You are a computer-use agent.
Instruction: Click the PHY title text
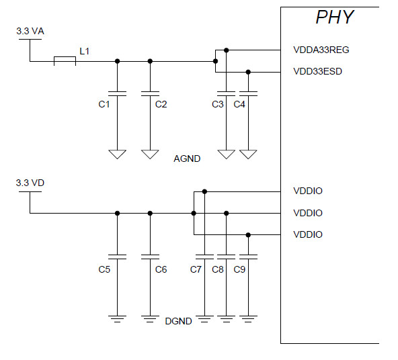tap(334, 17)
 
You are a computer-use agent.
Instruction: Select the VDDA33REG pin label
tap(321, 50)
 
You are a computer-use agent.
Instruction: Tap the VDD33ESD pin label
tap(318, 71)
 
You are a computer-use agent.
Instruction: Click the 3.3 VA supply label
tap(30, 32)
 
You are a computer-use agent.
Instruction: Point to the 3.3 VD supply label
tap(30, 183)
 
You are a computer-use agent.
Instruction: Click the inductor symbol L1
tap(65, 61)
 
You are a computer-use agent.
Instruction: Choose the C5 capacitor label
tap(104, 269)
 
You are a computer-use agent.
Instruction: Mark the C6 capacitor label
tap(161, 269)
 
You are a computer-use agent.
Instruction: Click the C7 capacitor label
tap(196, 269)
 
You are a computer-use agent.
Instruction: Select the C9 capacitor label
tap(239, 269)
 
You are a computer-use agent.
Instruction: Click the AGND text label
tap(187, 159)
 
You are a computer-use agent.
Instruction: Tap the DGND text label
tap(178, 321)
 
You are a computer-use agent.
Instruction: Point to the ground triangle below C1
tap(118, 154)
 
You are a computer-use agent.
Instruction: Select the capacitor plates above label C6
tap(150, 257)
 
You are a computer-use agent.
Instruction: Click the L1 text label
tap(84, 50)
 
